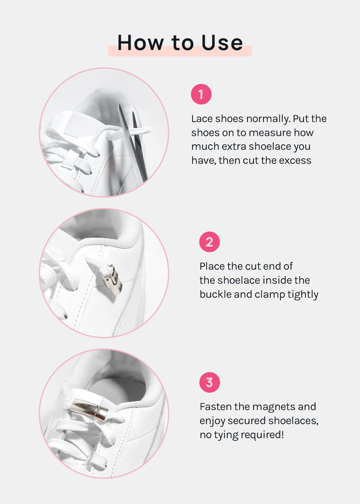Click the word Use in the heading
(222, 43)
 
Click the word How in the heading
(140, 43)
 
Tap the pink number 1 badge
(201, 94)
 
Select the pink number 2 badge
(209, 242)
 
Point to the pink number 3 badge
(209, 382)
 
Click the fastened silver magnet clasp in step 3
(90, 409)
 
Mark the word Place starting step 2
(212, 266)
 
